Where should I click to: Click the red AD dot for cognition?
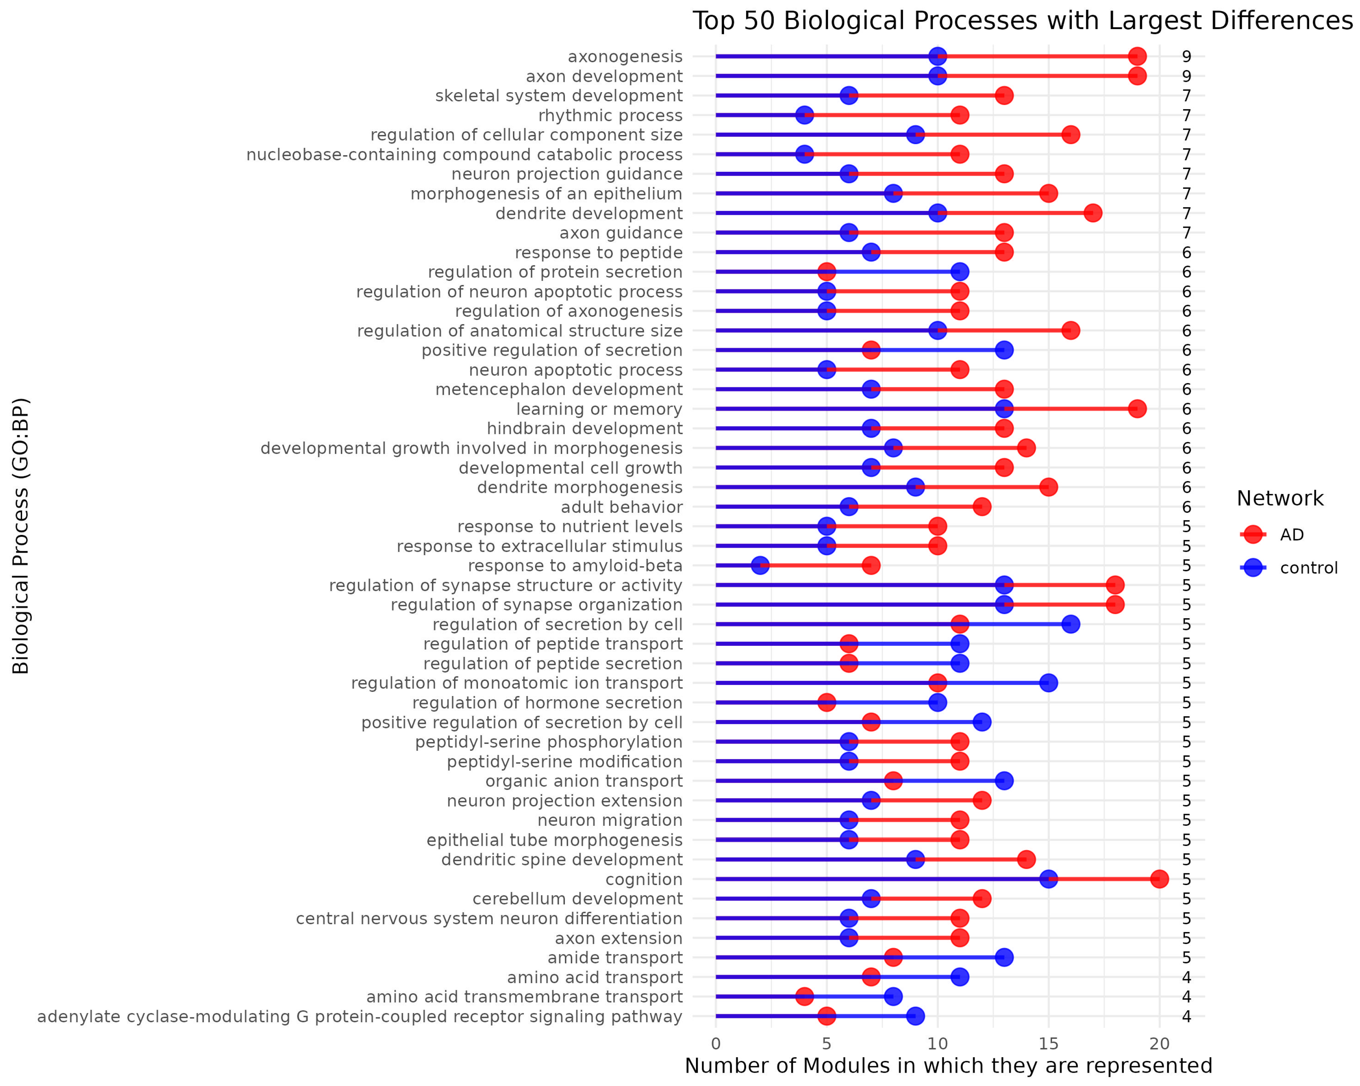pyautogui.click(x=1159, y=879)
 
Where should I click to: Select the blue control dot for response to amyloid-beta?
pyautogui.click(x=760, y=565)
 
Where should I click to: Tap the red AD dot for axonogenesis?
pyautogui.click(x=1137, y=56)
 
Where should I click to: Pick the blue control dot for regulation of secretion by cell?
pyautogui.click(x=1070, y=624)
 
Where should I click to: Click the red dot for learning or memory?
pyautogui.click(x=1137, y=409)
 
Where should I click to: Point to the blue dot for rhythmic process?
pyautogui.click(x=804, y=115)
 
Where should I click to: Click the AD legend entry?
pyautogui.click(x=1291, y=535)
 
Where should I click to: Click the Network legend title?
pyautogui.click(x=1279, y=498)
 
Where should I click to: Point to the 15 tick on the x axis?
pyautogui.click(x=1048, y=1044)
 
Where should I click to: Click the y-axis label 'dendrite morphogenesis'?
pyautogui.click(x=579, y=487)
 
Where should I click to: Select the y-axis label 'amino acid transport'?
pyautogui.click(x=594, y=978)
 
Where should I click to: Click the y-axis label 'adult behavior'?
pyautogui.click(x=621, y=507)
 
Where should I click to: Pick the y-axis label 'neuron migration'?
pyautogui.click(x=609, y=820)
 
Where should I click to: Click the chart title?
pyautogui.click(x=1022, y=21)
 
